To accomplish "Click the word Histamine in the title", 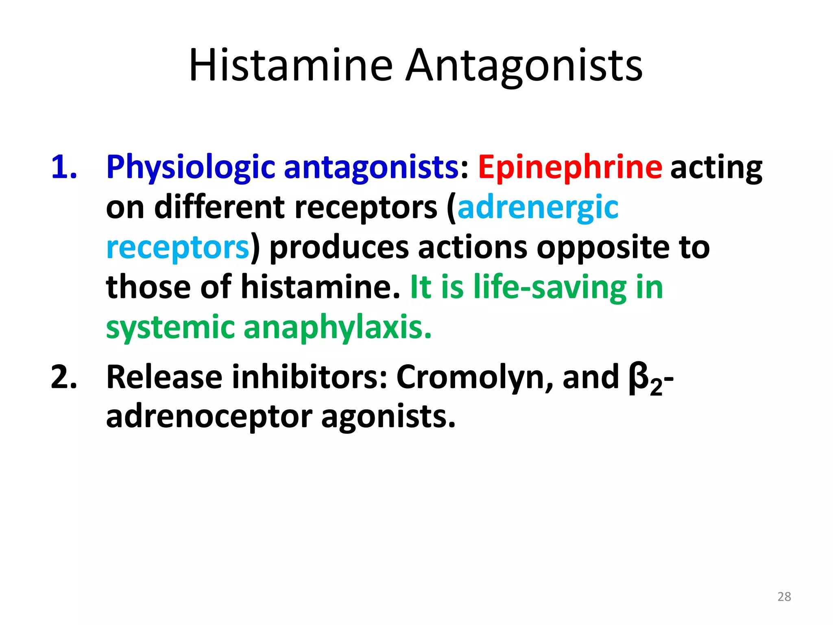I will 291,65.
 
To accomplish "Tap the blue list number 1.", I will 64,167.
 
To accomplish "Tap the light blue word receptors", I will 177,248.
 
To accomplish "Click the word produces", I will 339,248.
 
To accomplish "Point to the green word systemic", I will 170,328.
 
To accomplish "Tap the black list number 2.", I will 64,377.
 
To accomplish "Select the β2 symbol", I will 644,380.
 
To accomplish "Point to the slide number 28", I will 784,597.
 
